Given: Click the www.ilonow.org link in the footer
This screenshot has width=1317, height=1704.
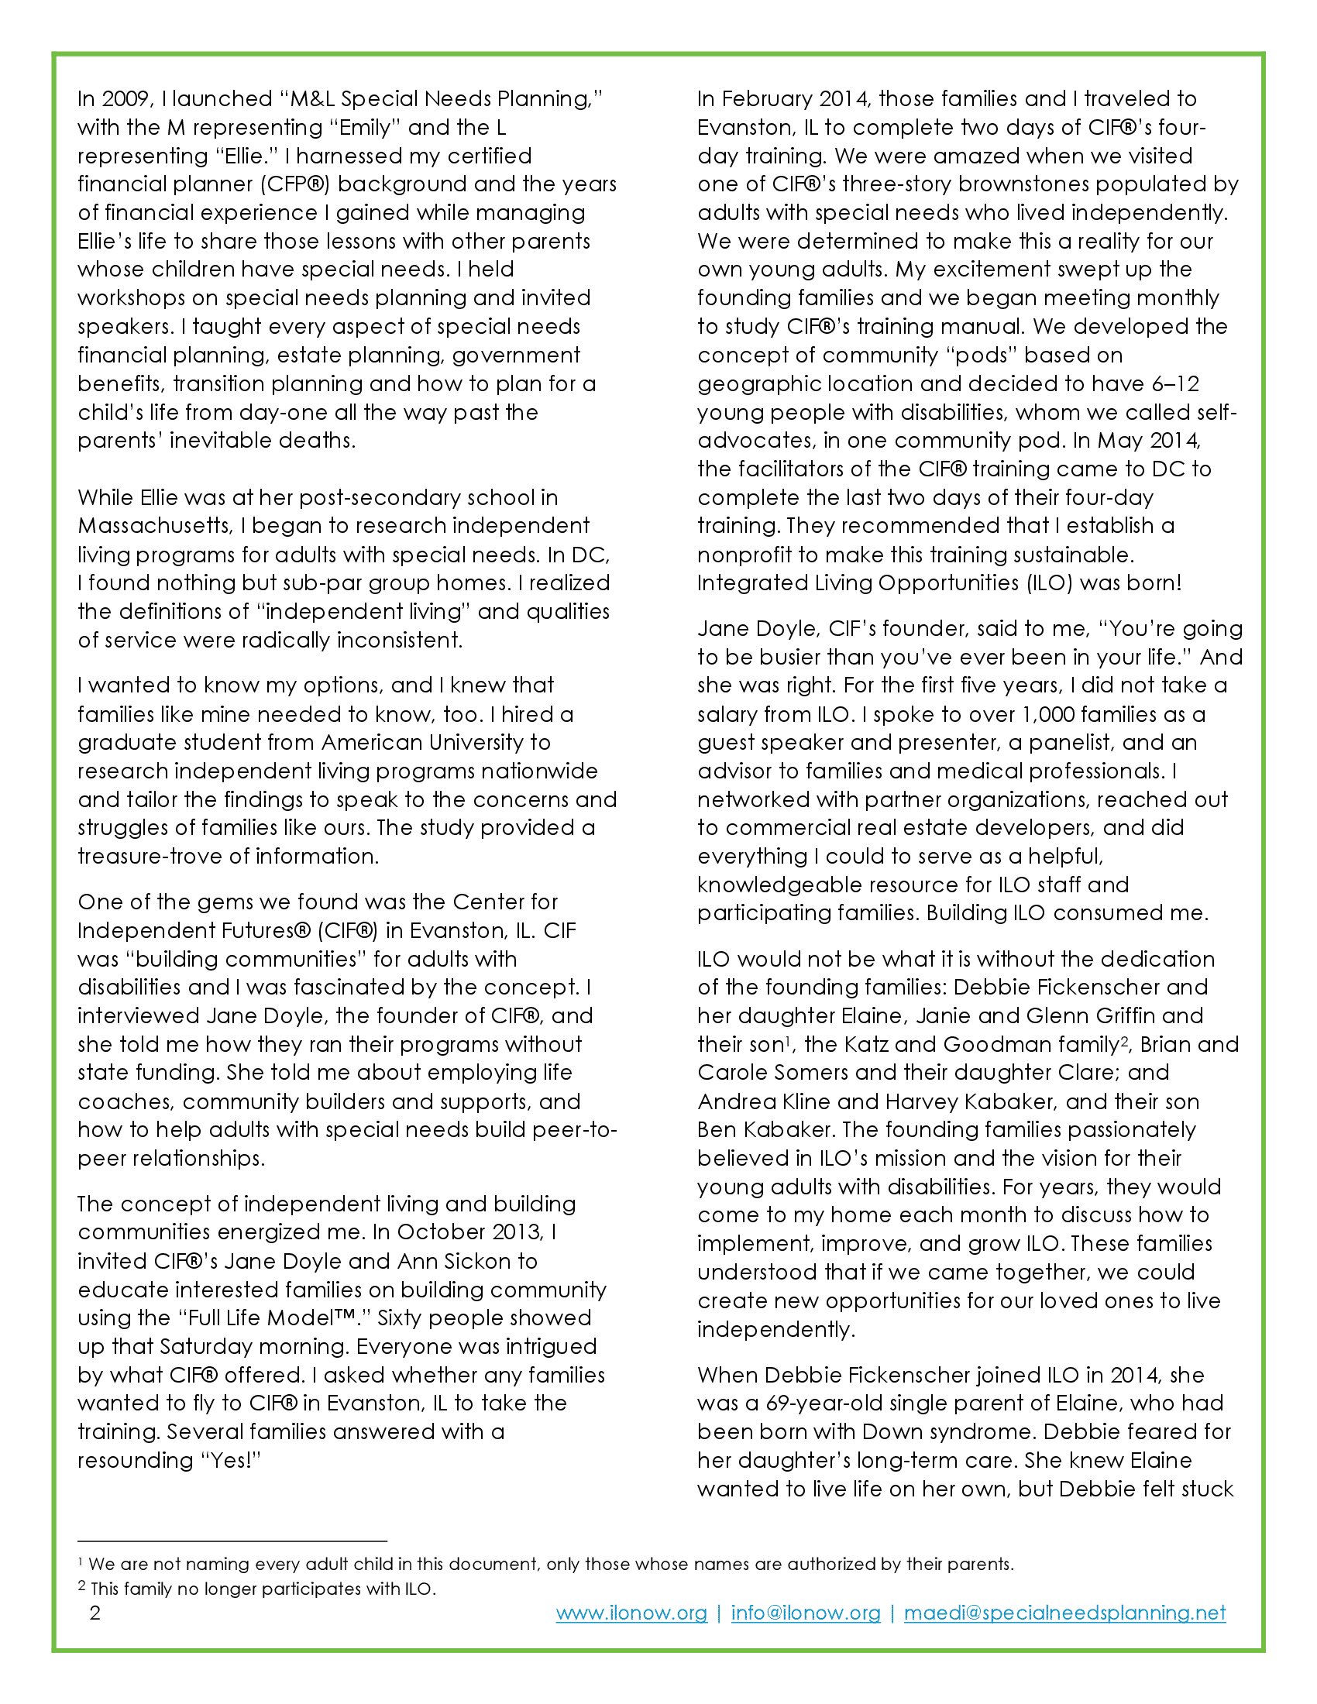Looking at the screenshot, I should pos(631,1613).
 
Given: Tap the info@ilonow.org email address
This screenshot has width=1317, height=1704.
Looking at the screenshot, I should pos(805,1613).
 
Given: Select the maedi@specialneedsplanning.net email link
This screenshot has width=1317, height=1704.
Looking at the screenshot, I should pos(1065,1613).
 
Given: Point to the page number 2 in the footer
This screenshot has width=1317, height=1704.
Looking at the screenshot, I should pos(95,1613).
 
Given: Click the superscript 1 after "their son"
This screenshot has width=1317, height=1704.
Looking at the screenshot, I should pos(789,1039).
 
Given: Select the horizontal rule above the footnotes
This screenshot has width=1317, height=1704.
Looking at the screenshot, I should pos(232,1541).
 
